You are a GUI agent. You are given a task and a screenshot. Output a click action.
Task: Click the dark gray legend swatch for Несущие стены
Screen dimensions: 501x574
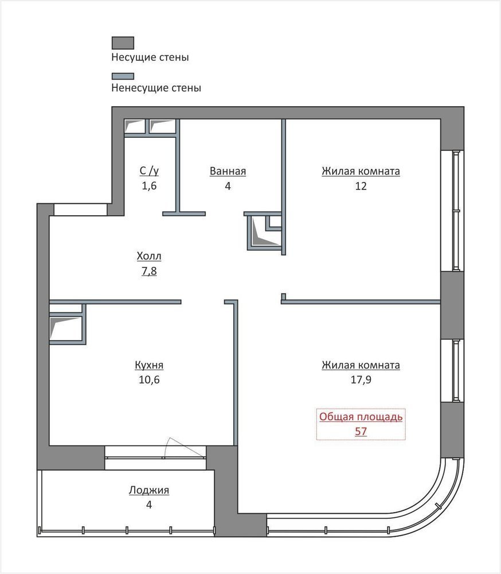click(x=123, y=42)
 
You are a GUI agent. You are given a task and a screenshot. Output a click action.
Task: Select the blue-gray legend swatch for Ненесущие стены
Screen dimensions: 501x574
click(x=123, y=76)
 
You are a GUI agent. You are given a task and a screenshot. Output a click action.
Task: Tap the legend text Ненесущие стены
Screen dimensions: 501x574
click(x=156, y=88)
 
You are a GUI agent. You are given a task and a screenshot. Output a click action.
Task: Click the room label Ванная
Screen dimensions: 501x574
click(x=228, y=171)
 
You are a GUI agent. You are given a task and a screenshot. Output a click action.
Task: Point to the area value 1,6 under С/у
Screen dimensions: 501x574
click(x=149, y=186)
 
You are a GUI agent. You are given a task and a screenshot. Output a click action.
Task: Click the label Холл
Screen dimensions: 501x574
click(x=149, y=256)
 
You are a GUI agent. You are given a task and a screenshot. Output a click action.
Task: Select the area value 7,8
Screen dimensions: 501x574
click(x=149, y=271)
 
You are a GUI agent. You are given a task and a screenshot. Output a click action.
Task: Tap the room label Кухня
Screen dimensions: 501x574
click(x=149, y=365)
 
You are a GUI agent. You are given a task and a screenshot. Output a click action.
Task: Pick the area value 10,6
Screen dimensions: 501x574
click(x=149, y=379)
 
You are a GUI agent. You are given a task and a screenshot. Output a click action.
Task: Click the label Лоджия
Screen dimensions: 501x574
click(x=149, y=490)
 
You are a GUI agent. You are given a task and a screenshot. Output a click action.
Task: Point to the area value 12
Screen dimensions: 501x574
click(x=361, y=186)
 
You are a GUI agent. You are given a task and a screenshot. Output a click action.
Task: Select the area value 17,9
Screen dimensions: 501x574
click(x=361, y=379)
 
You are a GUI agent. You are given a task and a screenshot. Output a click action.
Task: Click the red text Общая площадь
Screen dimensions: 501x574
click(x=361, y=417)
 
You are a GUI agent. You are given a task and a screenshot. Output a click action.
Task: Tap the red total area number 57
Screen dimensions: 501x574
click(x=361, y=431)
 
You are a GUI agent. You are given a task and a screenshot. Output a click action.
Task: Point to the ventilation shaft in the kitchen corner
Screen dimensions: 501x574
click(x=66, y=328)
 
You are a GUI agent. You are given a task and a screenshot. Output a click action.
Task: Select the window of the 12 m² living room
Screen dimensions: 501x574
click(x=455, y=211)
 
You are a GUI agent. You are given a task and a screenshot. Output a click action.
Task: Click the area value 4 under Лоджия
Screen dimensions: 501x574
click(x=149, y=505)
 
